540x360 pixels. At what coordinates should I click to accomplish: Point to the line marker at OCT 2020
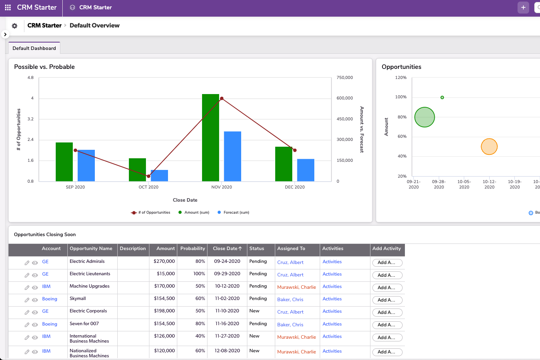148,176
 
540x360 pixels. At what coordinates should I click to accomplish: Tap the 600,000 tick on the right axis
345,98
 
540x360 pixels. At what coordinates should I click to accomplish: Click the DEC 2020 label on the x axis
295,187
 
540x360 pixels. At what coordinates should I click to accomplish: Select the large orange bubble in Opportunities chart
489,147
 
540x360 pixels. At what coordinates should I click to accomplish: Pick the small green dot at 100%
442,98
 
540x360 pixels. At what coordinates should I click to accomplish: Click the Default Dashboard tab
34,48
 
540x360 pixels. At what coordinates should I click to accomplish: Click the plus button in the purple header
523,7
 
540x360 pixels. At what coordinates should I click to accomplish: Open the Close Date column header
227,249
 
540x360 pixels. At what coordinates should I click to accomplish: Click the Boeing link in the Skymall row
50,299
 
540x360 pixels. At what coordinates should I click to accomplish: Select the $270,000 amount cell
164,261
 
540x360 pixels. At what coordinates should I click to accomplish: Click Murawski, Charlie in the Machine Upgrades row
297,287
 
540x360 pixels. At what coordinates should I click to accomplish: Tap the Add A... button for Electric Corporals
387,312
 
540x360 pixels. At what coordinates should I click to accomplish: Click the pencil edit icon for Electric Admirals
27,263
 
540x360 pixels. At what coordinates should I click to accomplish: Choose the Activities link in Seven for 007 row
332,324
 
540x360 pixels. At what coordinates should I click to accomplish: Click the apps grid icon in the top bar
8,7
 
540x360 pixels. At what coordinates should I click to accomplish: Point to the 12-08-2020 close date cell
227,351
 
